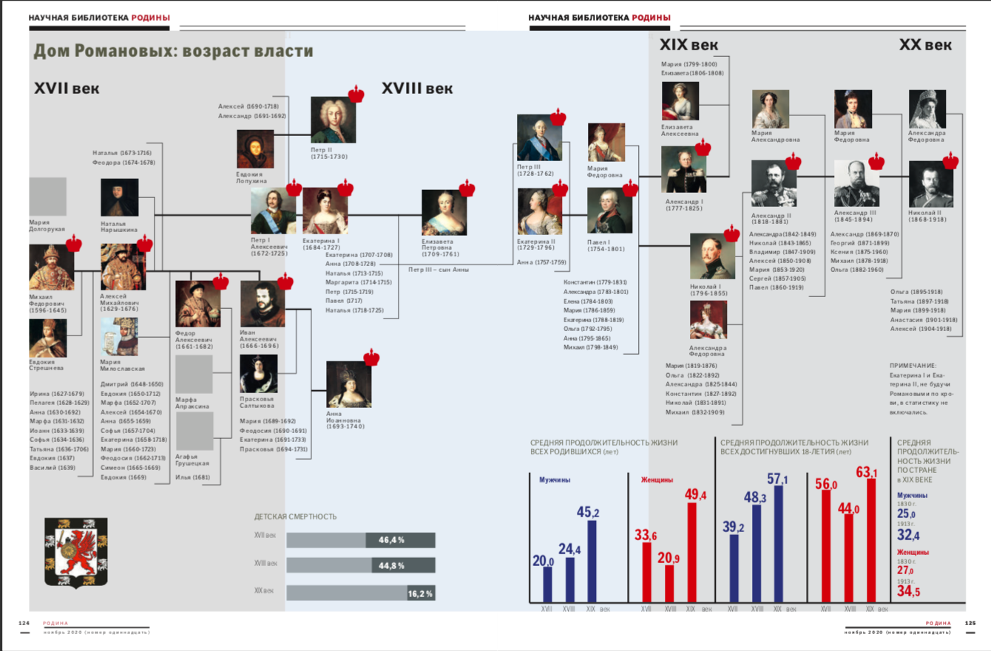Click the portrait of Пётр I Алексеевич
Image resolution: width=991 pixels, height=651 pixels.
pyautogui.click(x=273, y=211)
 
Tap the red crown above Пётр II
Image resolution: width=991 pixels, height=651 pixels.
pyautogui.click(x=356, y=94)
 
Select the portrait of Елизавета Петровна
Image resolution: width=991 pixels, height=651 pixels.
pyautogui.click(x=444, y=212)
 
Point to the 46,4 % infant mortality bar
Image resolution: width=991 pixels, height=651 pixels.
pyautogui.click(x=361, y=540)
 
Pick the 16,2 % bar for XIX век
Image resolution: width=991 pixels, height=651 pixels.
pyautogui.click(x=361, y=593)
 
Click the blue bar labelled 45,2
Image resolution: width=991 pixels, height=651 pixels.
pyautogui.click(x=591, y=562)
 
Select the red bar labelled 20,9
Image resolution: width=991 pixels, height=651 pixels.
pyautogui.click(x=670, y=584)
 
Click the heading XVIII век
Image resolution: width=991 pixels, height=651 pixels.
pyautogui.click(x=417, y=89)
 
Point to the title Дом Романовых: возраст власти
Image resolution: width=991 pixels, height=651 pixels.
pyautogui.click(x=173, y=51)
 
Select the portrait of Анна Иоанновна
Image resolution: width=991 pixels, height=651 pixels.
pyautogui.click(x=348, y=384)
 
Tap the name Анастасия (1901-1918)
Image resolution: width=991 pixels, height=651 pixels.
pyautogui.click(x=924, y=320)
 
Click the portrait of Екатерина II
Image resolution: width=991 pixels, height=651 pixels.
pyautogui.click(x=539, y=211)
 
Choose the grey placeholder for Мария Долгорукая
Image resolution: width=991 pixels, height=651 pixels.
pyautogui.click(x=47, y=197)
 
